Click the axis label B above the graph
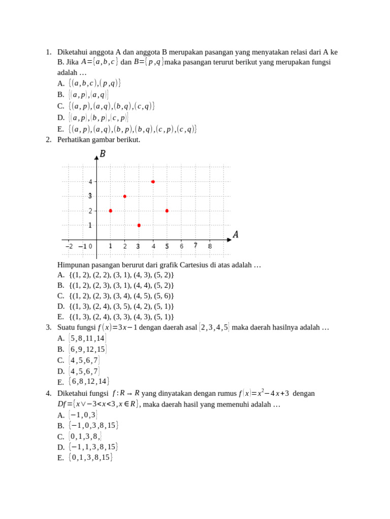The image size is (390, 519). point(103,154)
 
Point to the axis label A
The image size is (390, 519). point(236,234)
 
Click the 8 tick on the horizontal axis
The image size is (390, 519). point(210,246)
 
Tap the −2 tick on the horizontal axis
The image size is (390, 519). point(70,246)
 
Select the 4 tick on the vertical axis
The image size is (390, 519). point(90,181)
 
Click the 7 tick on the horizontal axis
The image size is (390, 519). point(196,246)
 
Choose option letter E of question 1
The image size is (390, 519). point(60,129)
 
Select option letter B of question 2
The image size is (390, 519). point(60,285)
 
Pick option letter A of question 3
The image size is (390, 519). point(61,338)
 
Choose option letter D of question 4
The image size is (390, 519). point(61,447)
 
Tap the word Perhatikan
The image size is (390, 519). point(74,140)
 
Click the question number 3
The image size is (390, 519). point(48,327)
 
